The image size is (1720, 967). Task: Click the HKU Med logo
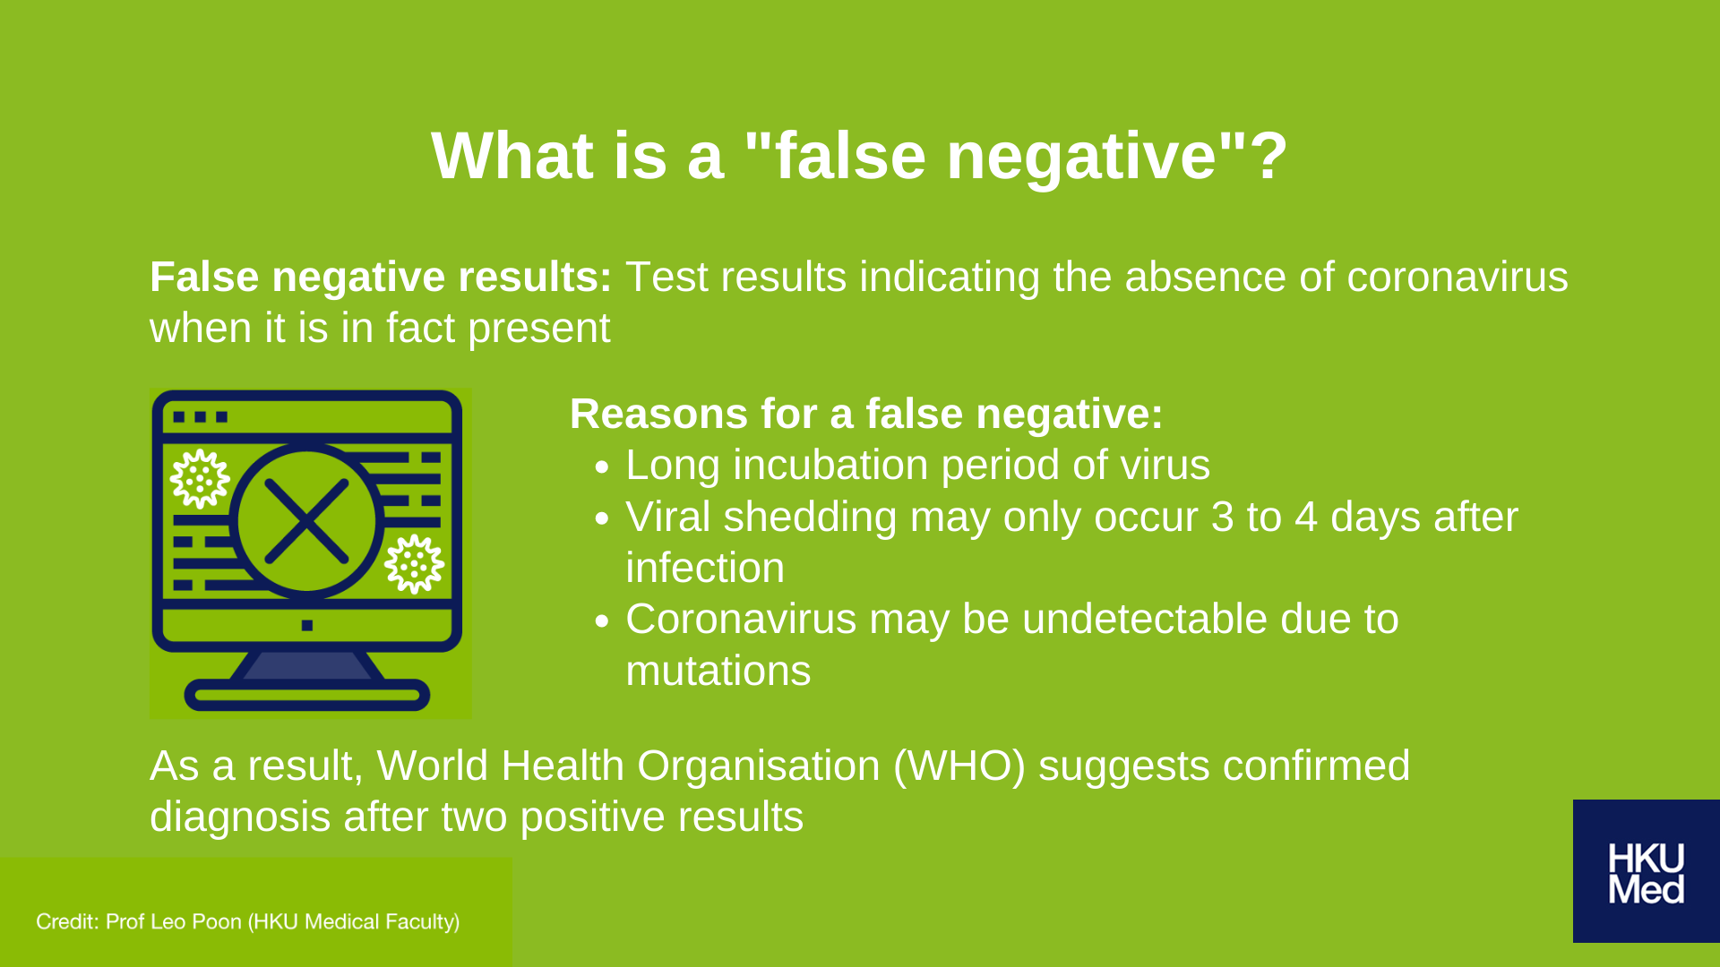(1647, 871)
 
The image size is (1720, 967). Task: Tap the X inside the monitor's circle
(306, 521)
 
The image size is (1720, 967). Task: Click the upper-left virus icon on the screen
(200, 478)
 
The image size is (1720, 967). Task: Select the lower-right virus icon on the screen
(414, 564)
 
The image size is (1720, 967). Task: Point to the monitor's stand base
(306, 695)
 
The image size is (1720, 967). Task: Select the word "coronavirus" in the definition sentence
(1458, 278)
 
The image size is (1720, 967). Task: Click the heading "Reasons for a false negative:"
(866, 415)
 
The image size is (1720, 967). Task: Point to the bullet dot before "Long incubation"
(601, 467)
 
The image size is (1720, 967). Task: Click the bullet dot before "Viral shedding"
(601, 519)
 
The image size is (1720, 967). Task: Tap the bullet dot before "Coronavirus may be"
(601, 621)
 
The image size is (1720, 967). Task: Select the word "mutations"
(718, 672)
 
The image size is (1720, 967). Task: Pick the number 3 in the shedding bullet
(1222, 518)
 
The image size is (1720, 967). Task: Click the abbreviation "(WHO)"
(959, 766)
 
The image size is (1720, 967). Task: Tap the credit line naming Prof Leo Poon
(248, 921)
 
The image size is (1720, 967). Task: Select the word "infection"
(705, 569)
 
